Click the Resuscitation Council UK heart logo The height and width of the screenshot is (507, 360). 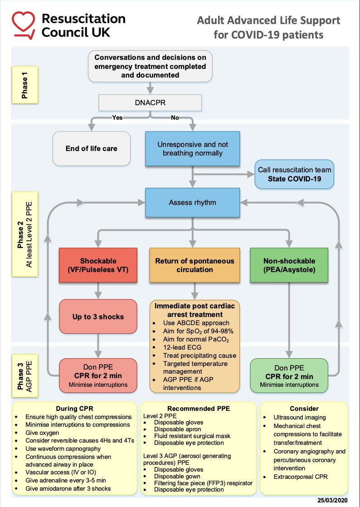pos(24,24)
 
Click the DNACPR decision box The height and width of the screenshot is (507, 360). pos(150,103)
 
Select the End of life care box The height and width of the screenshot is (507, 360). pos(92,148)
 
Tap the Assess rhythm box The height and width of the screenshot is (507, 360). pos(192,203)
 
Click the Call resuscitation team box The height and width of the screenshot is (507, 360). pos(294,174)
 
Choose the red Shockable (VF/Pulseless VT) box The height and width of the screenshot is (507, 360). pos(98,265)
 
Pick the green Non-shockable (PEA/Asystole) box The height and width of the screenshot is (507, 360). pos(289,265)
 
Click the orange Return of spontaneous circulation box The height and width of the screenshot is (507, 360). pos(195,265)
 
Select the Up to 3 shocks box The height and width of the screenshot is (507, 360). pos(98,317)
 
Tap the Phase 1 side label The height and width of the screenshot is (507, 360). pos(25,85)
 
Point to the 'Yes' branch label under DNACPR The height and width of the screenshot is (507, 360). pos(118,117)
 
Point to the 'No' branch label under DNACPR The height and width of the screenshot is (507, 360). pos(175,117)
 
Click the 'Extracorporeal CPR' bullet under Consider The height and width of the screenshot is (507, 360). pos(301,477)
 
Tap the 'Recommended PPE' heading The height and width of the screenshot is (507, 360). pos(199,409)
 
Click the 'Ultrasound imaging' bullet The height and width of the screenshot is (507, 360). pos(300,417)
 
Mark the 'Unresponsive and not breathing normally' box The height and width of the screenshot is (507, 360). pos(192,149)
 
